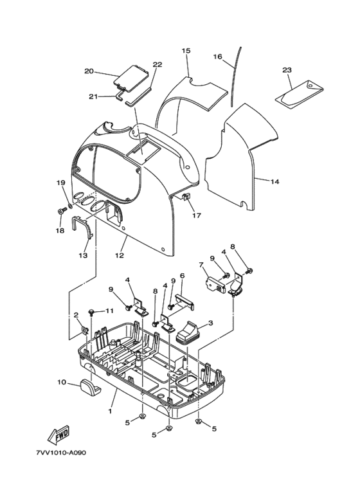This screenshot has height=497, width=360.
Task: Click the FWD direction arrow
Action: pos(58,435)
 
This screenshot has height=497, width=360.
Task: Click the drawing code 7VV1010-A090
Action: pos(61,452)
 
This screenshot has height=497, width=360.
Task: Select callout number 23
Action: pos(287,69)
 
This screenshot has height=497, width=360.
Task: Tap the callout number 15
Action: pos(186,50)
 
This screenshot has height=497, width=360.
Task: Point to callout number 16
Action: pos(226,57)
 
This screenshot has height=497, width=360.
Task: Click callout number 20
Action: pos(89,71)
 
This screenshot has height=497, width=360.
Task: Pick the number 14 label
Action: pos(275,181)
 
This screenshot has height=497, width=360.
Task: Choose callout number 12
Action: pos(119,255)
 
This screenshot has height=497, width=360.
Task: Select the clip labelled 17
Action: pos(186,197)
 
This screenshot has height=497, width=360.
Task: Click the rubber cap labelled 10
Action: pos(91,386)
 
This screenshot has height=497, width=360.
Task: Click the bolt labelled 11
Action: pos(91,312)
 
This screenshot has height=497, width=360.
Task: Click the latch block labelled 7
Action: pos(215,283)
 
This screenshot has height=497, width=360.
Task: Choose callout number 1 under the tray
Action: pos(110,411)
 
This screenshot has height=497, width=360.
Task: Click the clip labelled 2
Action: pos(84,330)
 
